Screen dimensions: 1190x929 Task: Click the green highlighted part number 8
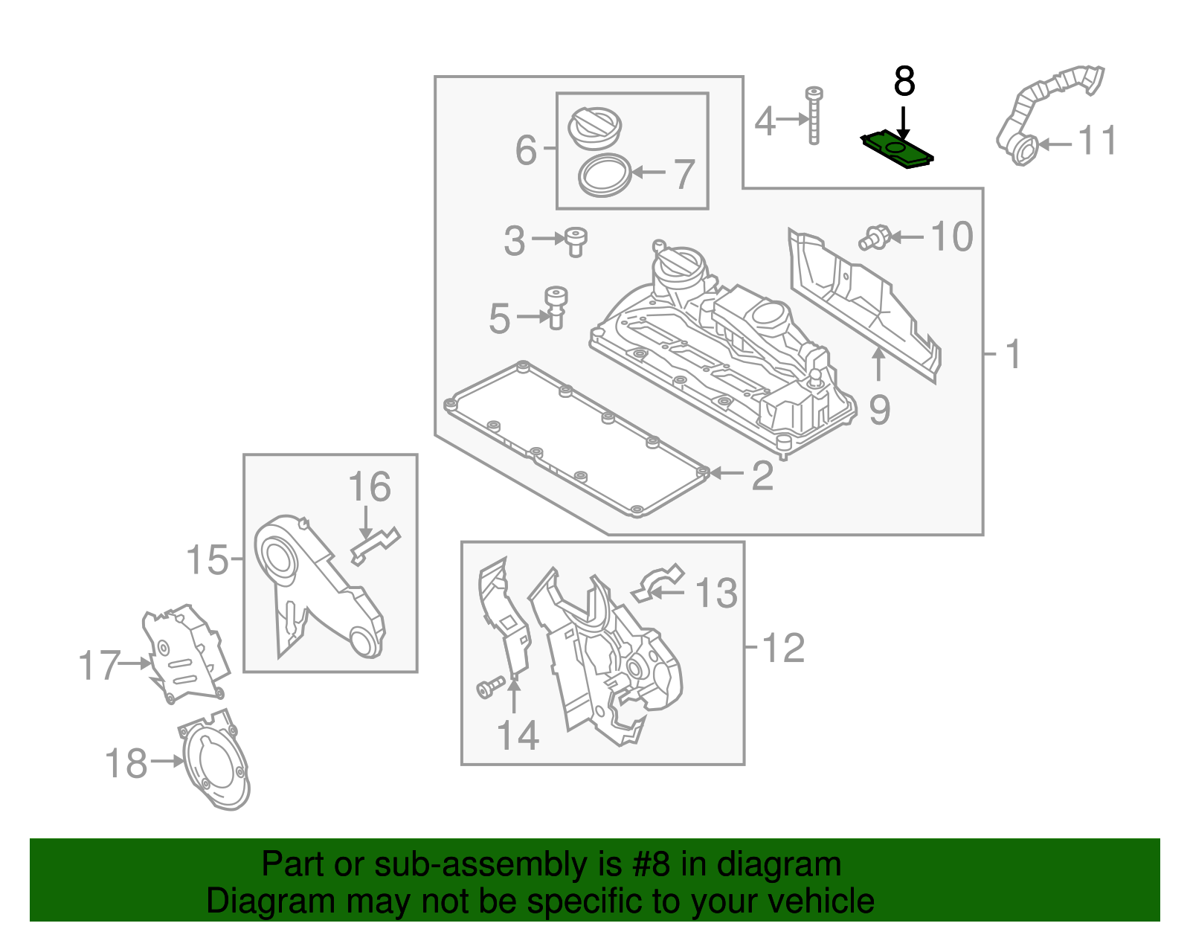pos(896,149)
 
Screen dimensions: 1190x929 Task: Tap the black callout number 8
pos(904,81)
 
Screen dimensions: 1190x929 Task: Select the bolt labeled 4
pos(814,115)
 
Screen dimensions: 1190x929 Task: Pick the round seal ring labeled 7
pos(605,176)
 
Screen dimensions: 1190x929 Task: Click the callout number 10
pos(952,237)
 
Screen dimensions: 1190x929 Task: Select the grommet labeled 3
pos(575,242)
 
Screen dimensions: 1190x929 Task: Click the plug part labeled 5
pos(556,308)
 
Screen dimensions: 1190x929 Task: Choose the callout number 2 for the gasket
pos(762,475)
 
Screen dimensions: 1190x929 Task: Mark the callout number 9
pos(880,410)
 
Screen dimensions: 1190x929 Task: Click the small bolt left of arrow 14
pos(491,688)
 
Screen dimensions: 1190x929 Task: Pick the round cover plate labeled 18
pos(213,761)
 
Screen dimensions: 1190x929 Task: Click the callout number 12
pos(783,648)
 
